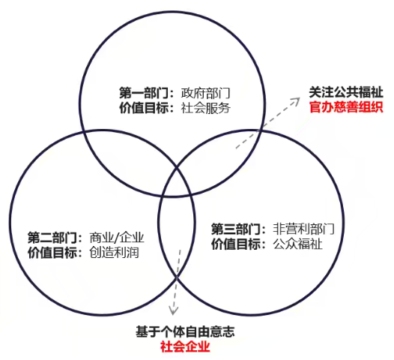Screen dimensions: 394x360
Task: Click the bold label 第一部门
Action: coord(144,94)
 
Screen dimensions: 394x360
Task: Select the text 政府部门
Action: coord(205,94)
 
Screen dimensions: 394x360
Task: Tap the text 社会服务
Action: coord(205,109)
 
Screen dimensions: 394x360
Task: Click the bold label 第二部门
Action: coord(52,238)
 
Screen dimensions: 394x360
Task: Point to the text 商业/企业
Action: coord(117,238)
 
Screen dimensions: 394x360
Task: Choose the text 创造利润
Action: coord(114,253)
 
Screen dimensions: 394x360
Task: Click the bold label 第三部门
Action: coord(236,229)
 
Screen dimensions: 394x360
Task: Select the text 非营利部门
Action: coord(303,229)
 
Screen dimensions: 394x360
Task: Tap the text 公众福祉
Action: coord(297,244)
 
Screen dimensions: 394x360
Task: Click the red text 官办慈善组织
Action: coord(346,107)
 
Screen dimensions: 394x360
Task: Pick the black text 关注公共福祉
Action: coord(346,92)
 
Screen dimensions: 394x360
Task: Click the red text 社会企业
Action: coord(185,346)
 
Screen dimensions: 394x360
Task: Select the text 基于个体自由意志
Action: coord(185,331)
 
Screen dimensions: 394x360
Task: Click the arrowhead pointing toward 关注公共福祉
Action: coord(297,101)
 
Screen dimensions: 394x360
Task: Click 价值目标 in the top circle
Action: coord(144,109)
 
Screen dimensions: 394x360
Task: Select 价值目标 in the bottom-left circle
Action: coord(52,253)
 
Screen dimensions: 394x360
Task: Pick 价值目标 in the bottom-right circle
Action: coord(236,244)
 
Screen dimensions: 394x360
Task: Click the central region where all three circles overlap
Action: coord(176,181)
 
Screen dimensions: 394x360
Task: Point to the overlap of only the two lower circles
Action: coord(176,232)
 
